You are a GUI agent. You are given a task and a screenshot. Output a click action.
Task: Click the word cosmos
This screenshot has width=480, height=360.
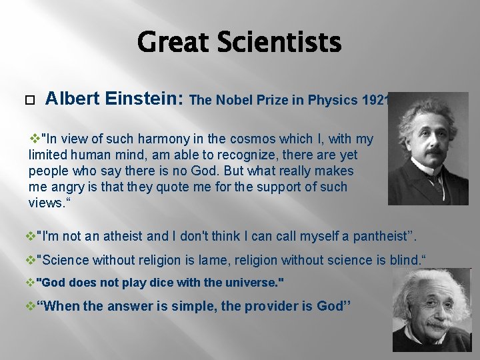(x=251, y=139)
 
